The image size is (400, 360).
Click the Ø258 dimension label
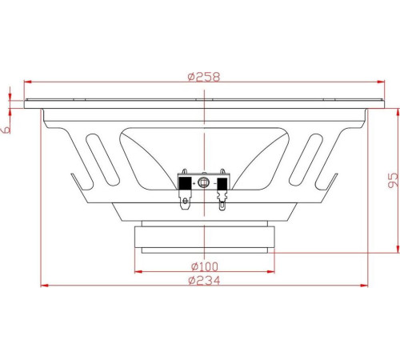tap(204, 77)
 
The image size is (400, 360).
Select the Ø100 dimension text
tap(205, 266)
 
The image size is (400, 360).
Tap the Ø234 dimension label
tap(204, 281)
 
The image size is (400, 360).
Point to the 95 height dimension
tap(393, 180)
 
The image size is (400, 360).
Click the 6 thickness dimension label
tap(6, 130)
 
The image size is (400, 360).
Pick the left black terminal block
tap(185, 183)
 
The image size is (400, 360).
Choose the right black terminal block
tap(222, 184)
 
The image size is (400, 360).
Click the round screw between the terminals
tap(203, 182)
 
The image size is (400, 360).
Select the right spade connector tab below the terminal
tap(222, 201)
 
